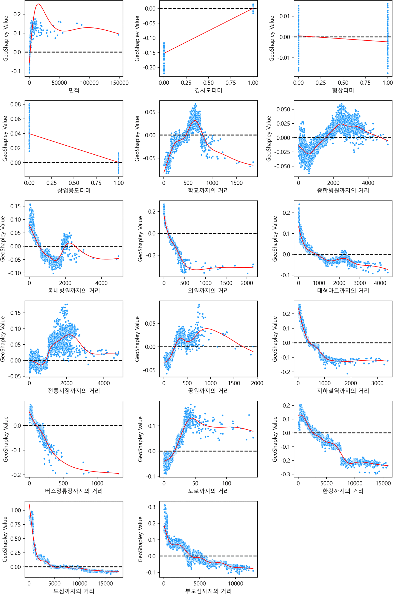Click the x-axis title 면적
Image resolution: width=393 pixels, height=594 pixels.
74,90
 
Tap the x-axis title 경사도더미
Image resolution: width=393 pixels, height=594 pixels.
208,90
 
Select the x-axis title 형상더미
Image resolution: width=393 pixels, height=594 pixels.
343,90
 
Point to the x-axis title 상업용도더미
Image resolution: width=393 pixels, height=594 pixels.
74,191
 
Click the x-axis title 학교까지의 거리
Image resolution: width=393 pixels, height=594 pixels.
208,191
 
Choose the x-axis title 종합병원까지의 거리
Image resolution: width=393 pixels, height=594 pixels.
343,191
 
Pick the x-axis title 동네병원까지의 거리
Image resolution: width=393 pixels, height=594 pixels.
74,291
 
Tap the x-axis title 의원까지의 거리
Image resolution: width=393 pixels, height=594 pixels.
208,291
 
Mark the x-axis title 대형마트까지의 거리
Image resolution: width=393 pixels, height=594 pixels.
343,291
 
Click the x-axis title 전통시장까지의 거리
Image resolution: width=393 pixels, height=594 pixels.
74,391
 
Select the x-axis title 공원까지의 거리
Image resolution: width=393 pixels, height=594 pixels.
208,391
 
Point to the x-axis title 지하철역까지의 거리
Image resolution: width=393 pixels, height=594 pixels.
343,391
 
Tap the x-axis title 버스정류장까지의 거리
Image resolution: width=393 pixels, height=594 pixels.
74,491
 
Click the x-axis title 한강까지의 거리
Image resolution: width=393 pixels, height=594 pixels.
343,491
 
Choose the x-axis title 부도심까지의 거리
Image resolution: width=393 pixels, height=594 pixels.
208,591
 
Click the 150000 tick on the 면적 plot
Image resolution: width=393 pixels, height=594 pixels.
119,83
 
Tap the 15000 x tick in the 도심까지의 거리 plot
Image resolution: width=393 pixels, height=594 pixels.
105,583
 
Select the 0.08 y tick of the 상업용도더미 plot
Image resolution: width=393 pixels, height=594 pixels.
15,104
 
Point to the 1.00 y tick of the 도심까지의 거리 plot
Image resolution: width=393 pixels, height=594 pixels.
15,510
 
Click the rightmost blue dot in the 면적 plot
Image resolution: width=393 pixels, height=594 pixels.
119,35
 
